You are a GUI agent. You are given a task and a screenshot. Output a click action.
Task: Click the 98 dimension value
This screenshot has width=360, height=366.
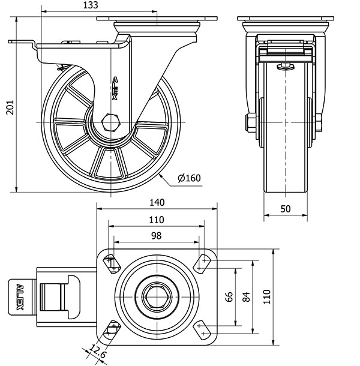[156, 236]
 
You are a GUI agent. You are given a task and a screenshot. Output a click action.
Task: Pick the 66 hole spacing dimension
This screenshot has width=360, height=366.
[229, 296]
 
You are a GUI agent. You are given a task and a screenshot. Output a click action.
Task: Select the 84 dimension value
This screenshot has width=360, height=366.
[246, 296]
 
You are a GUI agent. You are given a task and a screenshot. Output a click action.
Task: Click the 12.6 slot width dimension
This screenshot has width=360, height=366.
[95, 349]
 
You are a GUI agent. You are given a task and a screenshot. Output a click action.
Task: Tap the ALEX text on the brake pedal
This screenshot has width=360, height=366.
[20, 296]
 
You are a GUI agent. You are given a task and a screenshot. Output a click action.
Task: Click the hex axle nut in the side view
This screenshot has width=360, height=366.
[112, 122]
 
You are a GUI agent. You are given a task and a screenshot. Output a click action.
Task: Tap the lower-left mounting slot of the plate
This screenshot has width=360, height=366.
[112, 329]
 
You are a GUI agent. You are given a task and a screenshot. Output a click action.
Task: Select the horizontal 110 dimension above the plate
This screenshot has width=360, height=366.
[156, 220]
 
